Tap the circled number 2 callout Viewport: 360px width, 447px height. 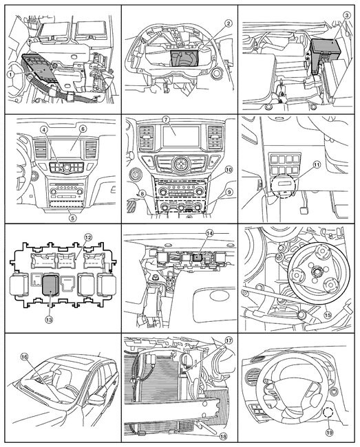pos(208,23)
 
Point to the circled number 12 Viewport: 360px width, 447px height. pos(87,237)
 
